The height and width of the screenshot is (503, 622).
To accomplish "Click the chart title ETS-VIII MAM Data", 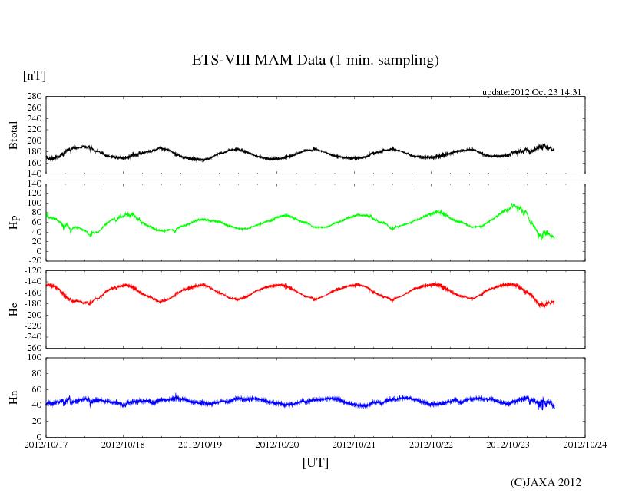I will (x=315, y=61).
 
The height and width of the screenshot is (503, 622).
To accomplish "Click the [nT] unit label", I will (x=34, y=76).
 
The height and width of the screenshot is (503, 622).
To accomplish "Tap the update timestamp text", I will (x=531, y=92).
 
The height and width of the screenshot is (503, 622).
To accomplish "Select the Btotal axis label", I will (x=13, y=135).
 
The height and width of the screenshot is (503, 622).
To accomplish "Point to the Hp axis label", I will (x=13, y=223).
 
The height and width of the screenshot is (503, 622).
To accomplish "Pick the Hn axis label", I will (x=13, y=398).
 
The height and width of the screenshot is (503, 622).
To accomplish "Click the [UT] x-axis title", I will (x=316, y=462).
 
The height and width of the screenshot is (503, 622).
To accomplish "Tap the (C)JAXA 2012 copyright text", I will (x=545, y=482).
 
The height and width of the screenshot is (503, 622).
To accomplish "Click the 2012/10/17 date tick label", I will (x=46, y=445).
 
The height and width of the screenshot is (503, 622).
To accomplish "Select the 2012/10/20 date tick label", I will (x=277, y=445).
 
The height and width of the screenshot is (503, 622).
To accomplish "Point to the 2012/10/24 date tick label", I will (x=585, y=445).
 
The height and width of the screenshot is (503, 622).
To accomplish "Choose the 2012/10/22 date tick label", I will (x=432, y=445).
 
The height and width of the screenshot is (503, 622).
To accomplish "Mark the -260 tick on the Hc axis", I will (x=31, y=347).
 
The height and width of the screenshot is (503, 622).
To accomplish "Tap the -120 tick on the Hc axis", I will (x=31, y=271).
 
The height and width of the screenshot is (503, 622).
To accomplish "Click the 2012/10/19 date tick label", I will (x=200, y=445).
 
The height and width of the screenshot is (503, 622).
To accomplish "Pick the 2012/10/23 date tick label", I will (x=508, y=445).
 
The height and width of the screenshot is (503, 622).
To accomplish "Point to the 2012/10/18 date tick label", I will (x=123, y=445).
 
